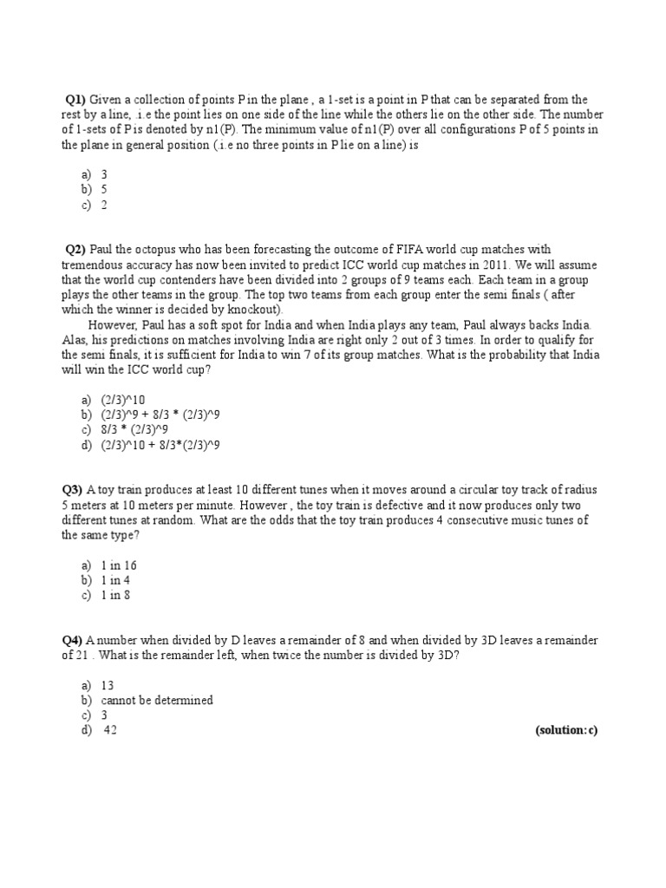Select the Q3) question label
[x=73, y=490]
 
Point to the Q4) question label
[x=72, y=640]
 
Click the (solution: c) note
[x=566, y=730]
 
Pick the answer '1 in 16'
[x=119, y=565]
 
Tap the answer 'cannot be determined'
[x=157, y=700]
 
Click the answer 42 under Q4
[x=110, y=730]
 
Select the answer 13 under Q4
[x=108, y=685]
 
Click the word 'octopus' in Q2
[x=153, y=250]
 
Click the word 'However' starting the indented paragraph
[x=112, y=325]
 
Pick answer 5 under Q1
[x=104, y=189]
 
